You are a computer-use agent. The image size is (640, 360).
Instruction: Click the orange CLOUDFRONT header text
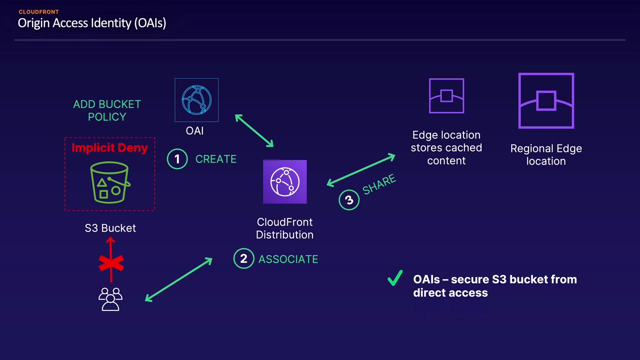coord(39,12)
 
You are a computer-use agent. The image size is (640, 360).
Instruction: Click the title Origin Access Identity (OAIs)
coord(91,23)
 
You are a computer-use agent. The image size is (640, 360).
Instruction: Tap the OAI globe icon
coord(196,100)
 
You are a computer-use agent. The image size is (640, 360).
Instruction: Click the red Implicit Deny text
coord(109,147)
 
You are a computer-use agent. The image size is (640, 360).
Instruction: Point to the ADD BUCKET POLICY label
coord(107,110)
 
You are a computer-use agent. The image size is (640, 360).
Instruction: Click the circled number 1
coord(177,159)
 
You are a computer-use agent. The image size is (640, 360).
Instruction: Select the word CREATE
coord(215,159)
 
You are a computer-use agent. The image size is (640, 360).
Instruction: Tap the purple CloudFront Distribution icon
coord(285,181)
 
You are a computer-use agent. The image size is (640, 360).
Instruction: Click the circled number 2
coord(243,258)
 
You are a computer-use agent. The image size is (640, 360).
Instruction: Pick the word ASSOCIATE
coord(288,259)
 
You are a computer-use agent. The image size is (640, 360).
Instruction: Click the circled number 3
coord(349,199)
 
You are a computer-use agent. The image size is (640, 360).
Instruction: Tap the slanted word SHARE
coord(379,184)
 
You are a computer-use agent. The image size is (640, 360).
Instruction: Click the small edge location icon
coord(446,95)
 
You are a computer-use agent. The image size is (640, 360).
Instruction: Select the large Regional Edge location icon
coord(546,101)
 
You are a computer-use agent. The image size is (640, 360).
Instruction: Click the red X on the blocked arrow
coord(111,263)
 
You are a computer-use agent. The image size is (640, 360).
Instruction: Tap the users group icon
coord(110,299)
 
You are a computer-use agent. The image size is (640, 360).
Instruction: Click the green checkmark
coord(395,277)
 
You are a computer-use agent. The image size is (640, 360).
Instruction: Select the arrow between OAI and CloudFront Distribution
coord(254,131)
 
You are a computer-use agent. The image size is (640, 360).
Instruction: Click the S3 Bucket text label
coord(110,228)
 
